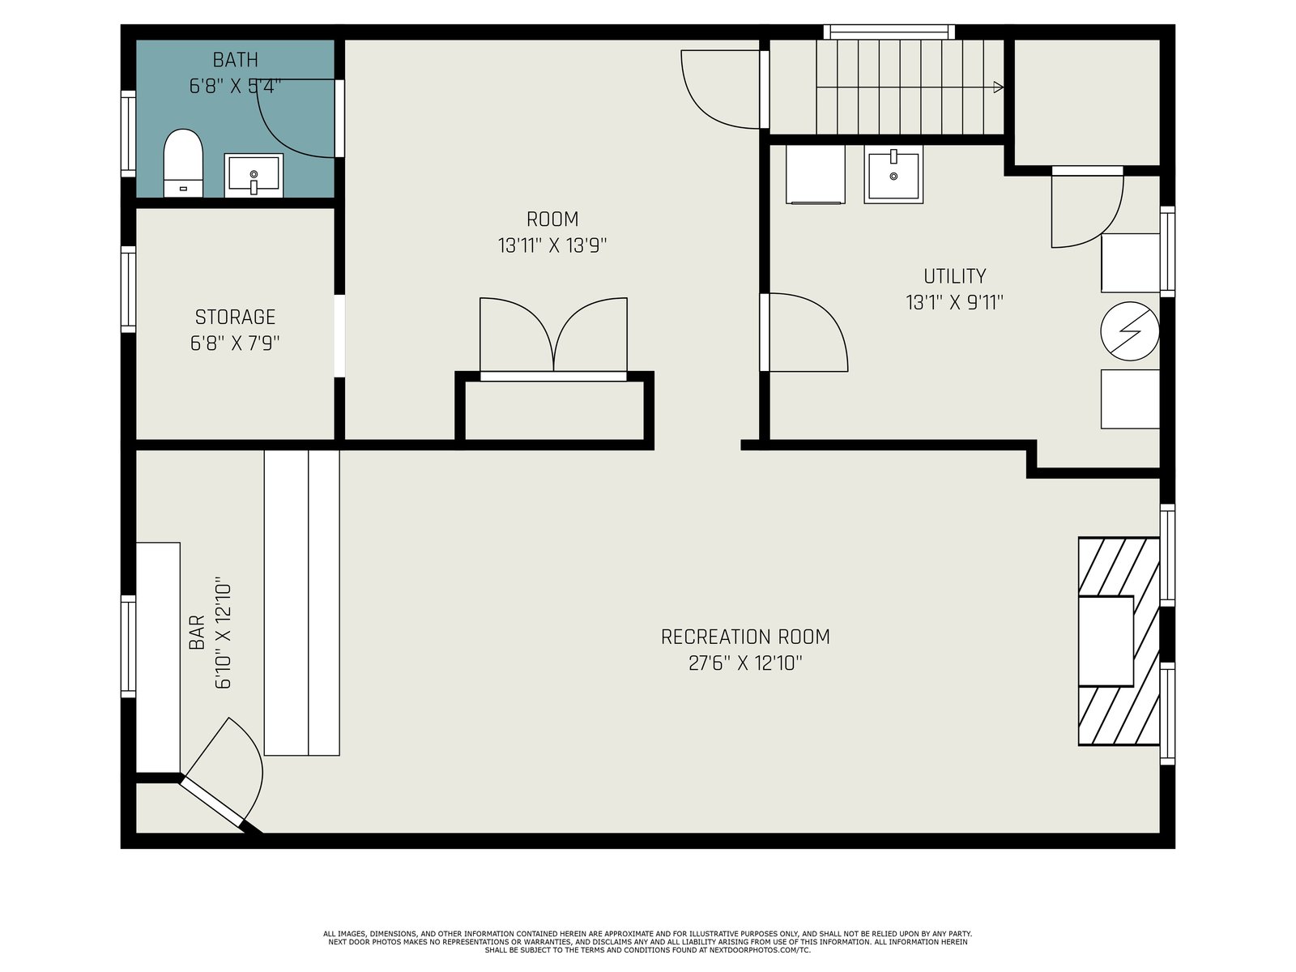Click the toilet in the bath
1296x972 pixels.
tap(183, 163)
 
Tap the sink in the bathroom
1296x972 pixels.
tap(254, 175)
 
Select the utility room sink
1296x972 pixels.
tap(893, 174)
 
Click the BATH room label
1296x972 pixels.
tap(235, 60)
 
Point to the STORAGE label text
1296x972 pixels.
tap(235, 317)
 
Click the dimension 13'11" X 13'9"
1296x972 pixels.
tap(552, 245)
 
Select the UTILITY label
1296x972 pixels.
tap(955, 276)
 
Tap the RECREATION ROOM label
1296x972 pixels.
tap(745, 637)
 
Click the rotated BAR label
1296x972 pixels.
tap(197, 632)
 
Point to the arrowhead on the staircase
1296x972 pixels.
tap(999, 87)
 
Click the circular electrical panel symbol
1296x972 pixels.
tap(1129, 331)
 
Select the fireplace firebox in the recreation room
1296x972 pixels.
tap(1106, 641)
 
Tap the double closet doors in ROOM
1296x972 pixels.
tap(553, 335)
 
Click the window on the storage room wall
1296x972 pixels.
tap(128, 289)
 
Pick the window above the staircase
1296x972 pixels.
tap(889, 32)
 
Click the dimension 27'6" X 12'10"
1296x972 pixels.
tap(745, 663)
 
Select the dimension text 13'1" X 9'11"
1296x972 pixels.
tap(955, 303)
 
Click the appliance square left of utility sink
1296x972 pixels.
tap(815, 174)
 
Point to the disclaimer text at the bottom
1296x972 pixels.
tap(648, 942)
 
